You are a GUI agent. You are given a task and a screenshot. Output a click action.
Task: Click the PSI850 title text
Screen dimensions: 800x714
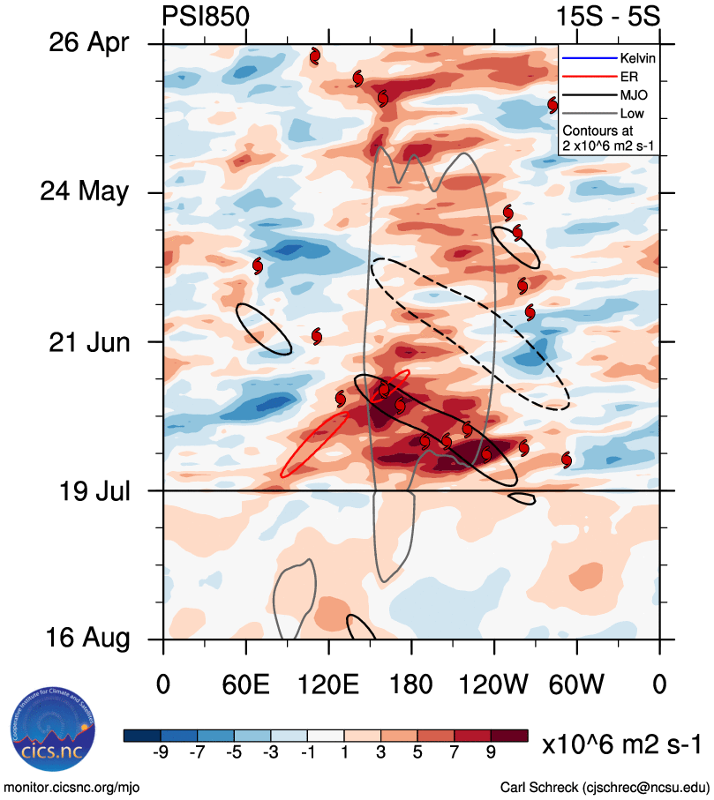206,17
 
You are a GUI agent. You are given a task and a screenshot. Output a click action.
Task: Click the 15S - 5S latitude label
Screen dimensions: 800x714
609,17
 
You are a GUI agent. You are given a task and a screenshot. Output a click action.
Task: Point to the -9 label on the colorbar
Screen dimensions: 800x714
161,751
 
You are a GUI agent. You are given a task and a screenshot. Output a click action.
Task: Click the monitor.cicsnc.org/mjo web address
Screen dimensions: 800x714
71,786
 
